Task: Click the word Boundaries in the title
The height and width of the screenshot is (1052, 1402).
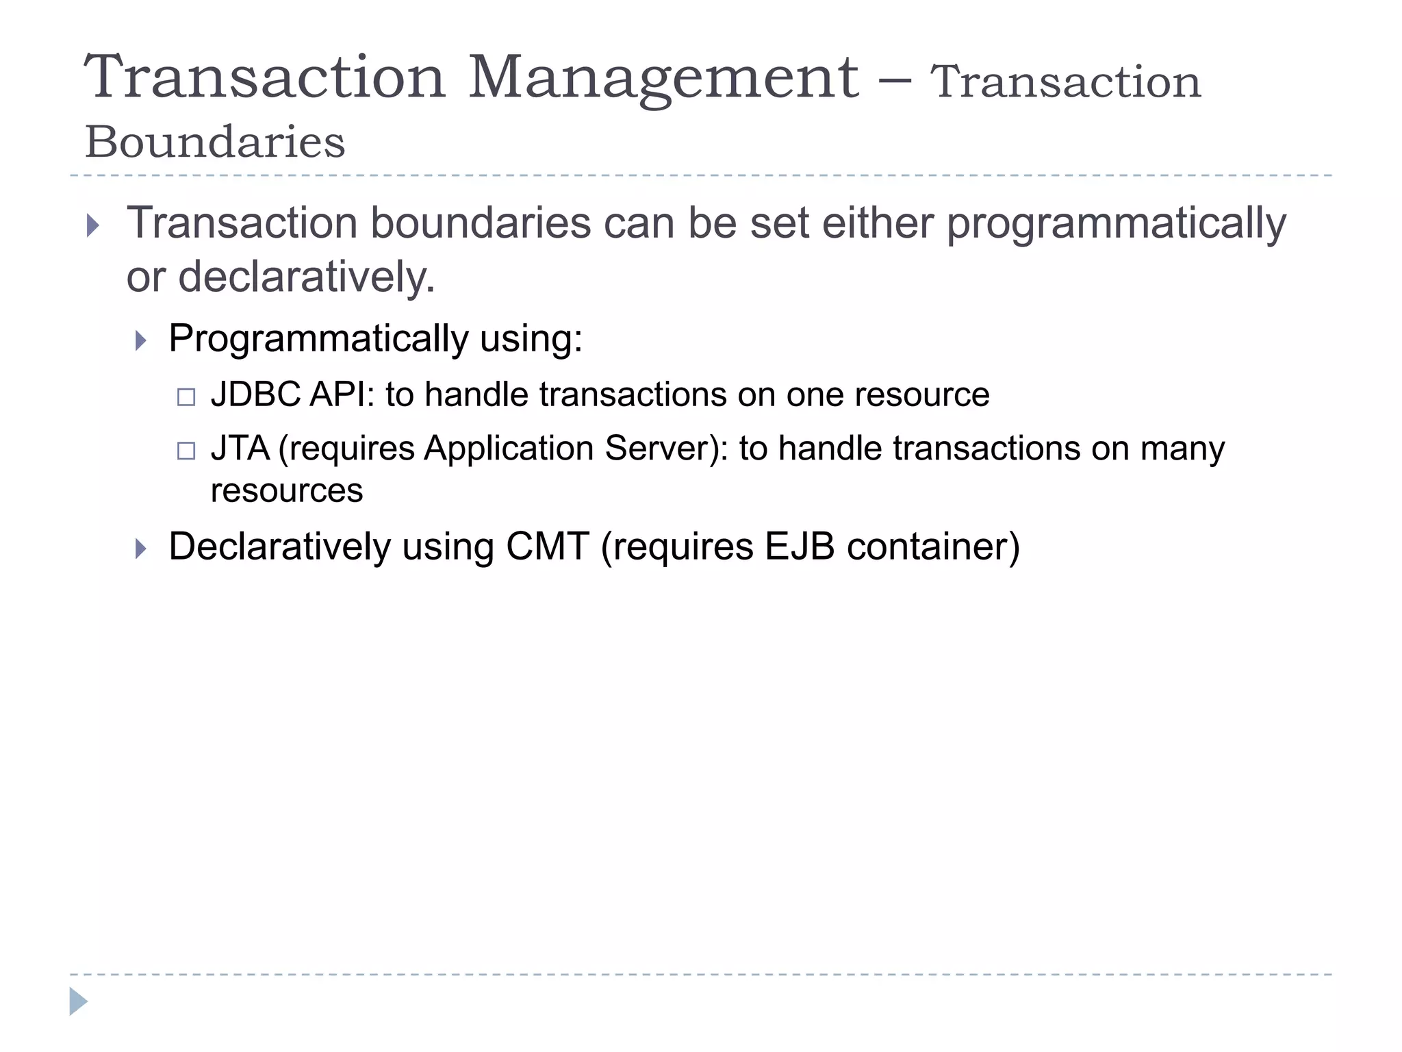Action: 215,142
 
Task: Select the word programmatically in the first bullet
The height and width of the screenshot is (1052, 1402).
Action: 1116,224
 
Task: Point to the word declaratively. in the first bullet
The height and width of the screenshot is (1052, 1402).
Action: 306,277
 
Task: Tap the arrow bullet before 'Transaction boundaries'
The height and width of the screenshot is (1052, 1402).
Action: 94,225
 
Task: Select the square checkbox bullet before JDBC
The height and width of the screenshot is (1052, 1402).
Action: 186,397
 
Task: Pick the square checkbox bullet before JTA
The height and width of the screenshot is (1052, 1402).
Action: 186,451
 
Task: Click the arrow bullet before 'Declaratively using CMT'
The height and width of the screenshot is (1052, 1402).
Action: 141,549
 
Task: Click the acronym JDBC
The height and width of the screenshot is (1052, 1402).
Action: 255,394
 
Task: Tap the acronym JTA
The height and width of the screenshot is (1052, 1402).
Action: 240,449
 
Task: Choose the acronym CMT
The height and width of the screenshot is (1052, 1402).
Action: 548,547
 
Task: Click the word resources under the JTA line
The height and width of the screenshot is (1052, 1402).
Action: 287,490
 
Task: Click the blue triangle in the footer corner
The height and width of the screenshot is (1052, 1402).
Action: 78,1001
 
